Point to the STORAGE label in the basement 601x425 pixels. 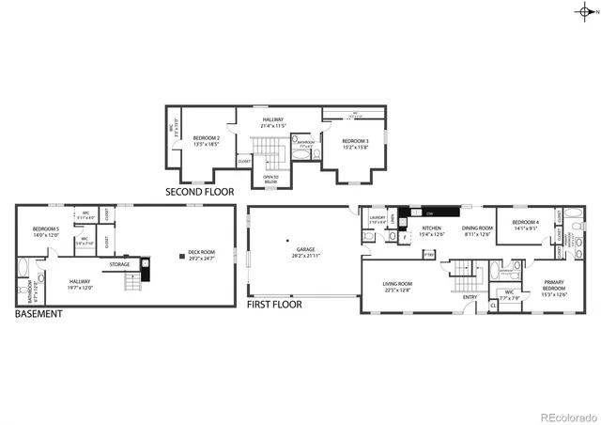(119, 265)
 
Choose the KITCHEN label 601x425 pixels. (431, 228)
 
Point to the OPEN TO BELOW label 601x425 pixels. (270, 178)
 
